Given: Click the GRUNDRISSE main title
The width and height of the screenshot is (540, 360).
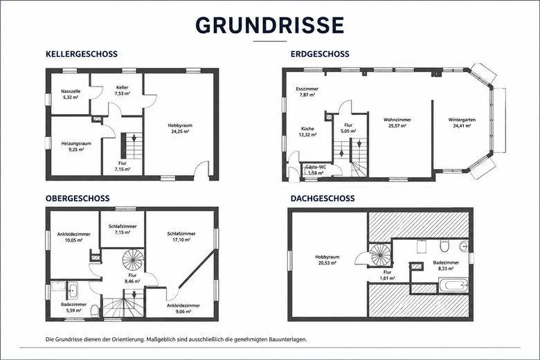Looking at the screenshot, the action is pyautogui.click(x=270, y=25).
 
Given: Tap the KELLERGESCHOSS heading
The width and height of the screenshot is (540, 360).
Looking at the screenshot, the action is pyautogui.click(x=82, y=54).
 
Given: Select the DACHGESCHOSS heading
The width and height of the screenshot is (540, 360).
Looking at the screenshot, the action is pyautogui.click(x=323, y=199).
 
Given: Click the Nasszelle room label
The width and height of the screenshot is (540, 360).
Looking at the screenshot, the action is pyautogui.click(x=71, y=91).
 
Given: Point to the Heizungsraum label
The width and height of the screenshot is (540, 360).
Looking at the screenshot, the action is pyautogui.click(x=76, y=143).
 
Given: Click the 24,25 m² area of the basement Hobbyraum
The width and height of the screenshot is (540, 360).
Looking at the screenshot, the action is pyautogui.click(x=180, y=132).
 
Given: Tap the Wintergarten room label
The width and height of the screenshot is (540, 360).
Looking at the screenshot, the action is pyautogui.click(x=462, y=120).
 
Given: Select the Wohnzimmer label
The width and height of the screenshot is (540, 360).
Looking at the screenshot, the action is pyautogui.click(x=397, y=120).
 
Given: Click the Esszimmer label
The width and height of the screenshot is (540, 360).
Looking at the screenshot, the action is pyautogui.click(x=307, y=89).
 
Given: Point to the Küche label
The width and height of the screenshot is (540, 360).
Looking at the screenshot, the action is pyautogui.click(x=307, y=129).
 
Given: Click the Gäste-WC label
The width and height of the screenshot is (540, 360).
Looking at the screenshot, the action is pyautogui.click(x=316, y=167).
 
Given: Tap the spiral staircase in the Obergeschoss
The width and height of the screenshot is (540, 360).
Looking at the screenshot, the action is pyautogui.click(x=134, y=260).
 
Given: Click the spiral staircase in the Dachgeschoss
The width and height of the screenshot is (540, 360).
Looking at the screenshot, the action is pyautogui.click(x=381, y=255).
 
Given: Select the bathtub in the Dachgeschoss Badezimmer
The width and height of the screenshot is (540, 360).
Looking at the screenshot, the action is pyautogui.click(x=453, y=285).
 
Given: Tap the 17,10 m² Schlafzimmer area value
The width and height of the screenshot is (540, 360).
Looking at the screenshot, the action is pyautogui.click(x=181, y=240).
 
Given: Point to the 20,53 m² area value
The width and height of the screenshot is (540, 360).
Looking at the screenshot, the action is pyautogui.click(x=327, y=263).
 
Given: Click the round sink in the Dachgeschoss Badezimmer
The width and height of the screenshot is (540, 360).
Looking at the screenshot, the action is pyautogui.click(x=464, y=246).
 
